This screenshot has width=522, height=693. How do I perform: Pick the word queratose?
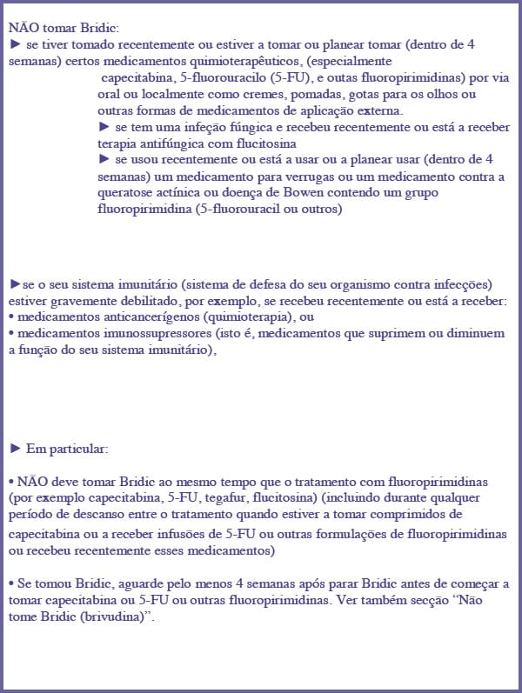click(130, 193)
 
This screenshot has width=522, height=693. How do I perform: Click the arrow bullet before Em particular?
click(15, 449)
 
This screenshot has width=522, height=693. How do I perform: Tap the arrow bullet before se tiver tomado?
click(15, 43)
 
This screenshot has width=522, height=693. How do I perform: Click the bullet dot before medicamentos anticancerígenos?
click(11, 317)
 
